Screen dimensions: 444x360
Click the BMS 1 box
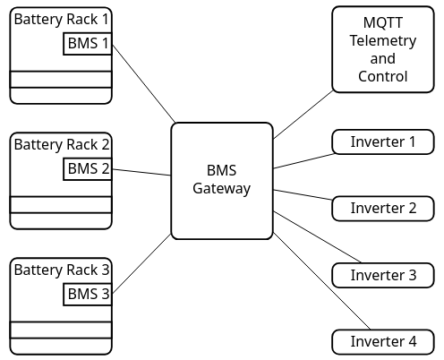pos(88,44)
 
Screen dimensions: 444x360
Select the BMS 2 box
pos(88,169)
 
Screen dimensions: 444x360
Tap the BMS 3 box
pos(88,295)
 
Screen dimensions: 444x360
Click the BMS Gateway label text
pos(222,179)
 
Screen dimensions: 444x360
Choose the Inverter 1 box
pos(383,141)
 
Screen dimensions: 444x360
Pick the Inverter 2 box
pos(383,209)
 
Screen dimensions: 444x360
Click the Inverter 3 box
pos(383,275)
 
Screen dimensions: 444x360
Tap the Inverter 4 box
pos(383,342)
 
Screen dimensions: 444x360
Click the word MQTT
pos(383,22)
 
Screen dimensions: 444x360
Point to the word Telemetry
pos(383,41)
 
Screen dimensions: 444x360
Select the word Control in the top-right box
pos(383,76)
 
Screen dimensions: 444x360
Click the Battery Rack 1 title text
pos(61,20)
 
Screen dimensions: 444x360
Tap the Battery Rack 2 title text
pos(62,145)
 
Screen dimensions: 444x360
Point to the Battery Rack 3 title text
pos(62,270)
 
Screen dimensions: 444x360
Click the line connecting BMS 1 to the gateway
pos(144,83)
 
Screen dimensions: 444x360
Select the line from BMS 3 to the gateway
pos(141,264)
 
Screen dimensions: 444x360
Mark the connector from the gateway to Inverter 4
pos(322,281)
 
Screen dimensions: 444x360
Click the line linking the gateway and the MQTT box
pos(303,115)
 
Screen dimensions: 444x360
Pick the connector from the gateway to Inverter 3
pos(317,237)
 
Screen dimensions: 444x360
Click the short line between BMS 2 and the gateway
pos(141,172)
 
